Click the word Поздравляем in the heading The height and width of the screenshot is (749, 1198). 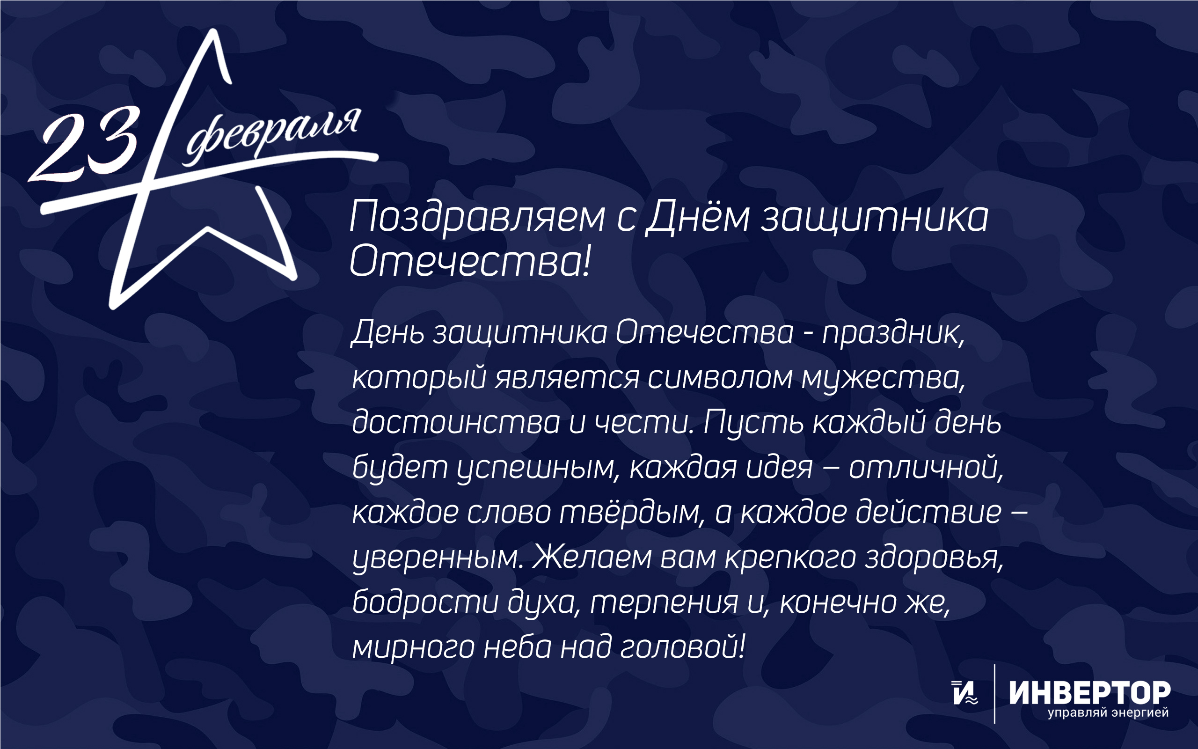[x=477, y=217]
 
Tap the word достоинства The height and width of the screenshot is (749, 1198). [x=456, y=422]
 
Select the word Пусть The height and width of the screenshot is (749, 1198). [x=753, y=423]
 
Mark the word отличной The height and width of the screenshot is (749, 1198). [x=926, y=467]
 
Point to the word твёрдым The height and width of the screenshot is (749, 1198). [x=632, y=512]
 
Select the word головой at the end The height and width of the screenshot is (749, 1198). [x=683, y=647]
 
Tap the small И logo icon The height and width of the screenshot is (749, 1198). [x=965, y=692]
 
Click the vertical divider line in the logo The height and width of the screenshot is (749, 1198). [x=994, y=693]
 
